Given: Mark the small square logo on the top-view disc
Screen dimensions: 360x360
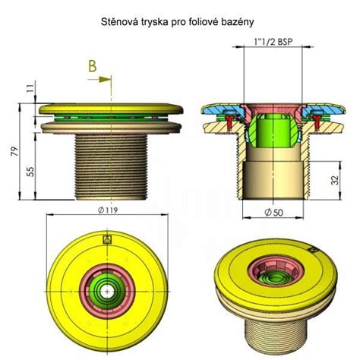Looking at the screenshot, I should click(106, 237).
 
